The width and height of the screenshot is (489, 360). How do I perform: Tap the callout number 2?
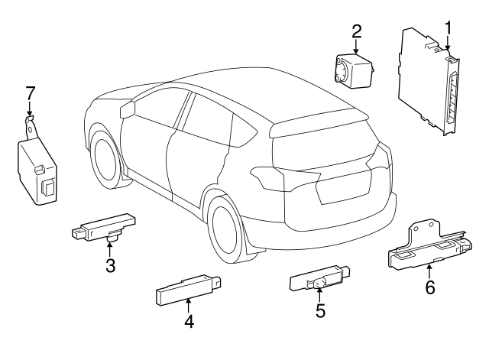[356, 31]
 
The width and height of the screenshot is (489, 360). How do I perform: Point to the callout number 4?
[188, 322]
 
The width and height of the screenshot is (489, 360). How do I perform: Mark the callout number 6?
[429, 287]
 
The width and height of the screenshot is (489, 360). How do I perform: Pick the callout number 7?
[30, 94]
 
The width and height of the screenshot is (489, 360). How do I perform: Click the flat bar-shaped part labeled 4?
[187, 289]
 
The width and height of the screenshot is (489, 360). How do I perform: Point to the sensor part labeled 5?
[319, 281]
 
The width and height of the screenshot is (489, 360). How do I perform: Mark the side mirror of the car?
[128, 109]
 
